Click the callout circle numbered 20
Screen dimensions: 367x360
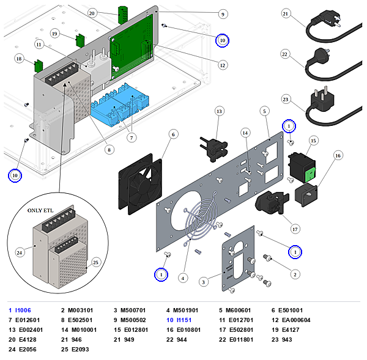92,13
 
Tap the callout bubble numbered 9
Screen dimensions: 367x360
223,14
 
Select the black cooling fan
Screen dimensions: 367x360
140,184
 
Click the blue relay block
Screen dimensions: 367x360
120,105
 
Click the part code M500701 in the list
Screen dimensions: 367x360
133,310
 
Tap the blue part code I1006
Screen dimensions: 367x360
23,310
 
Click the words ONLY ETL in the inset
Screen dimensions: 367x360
40,210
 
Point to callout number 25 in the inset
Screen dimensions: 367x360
96,262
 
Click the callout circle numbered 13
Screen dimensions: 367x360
219,111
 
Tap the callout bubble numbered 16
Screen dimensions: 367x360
338,156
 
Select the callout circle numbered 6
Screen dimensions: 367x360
173,134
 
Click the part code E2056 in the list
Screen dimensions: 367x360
28,350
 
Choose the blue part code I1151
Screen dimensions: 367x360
184,320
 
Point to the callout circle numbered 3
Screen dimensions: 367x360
204,282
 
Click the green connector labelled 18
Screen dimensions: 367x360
39,66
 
